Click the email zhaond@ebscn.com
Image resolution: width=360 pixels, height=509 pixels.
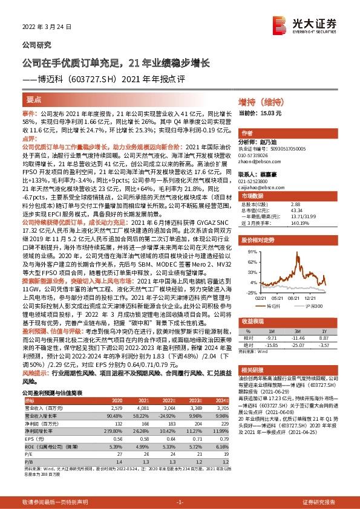[258, 160]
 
